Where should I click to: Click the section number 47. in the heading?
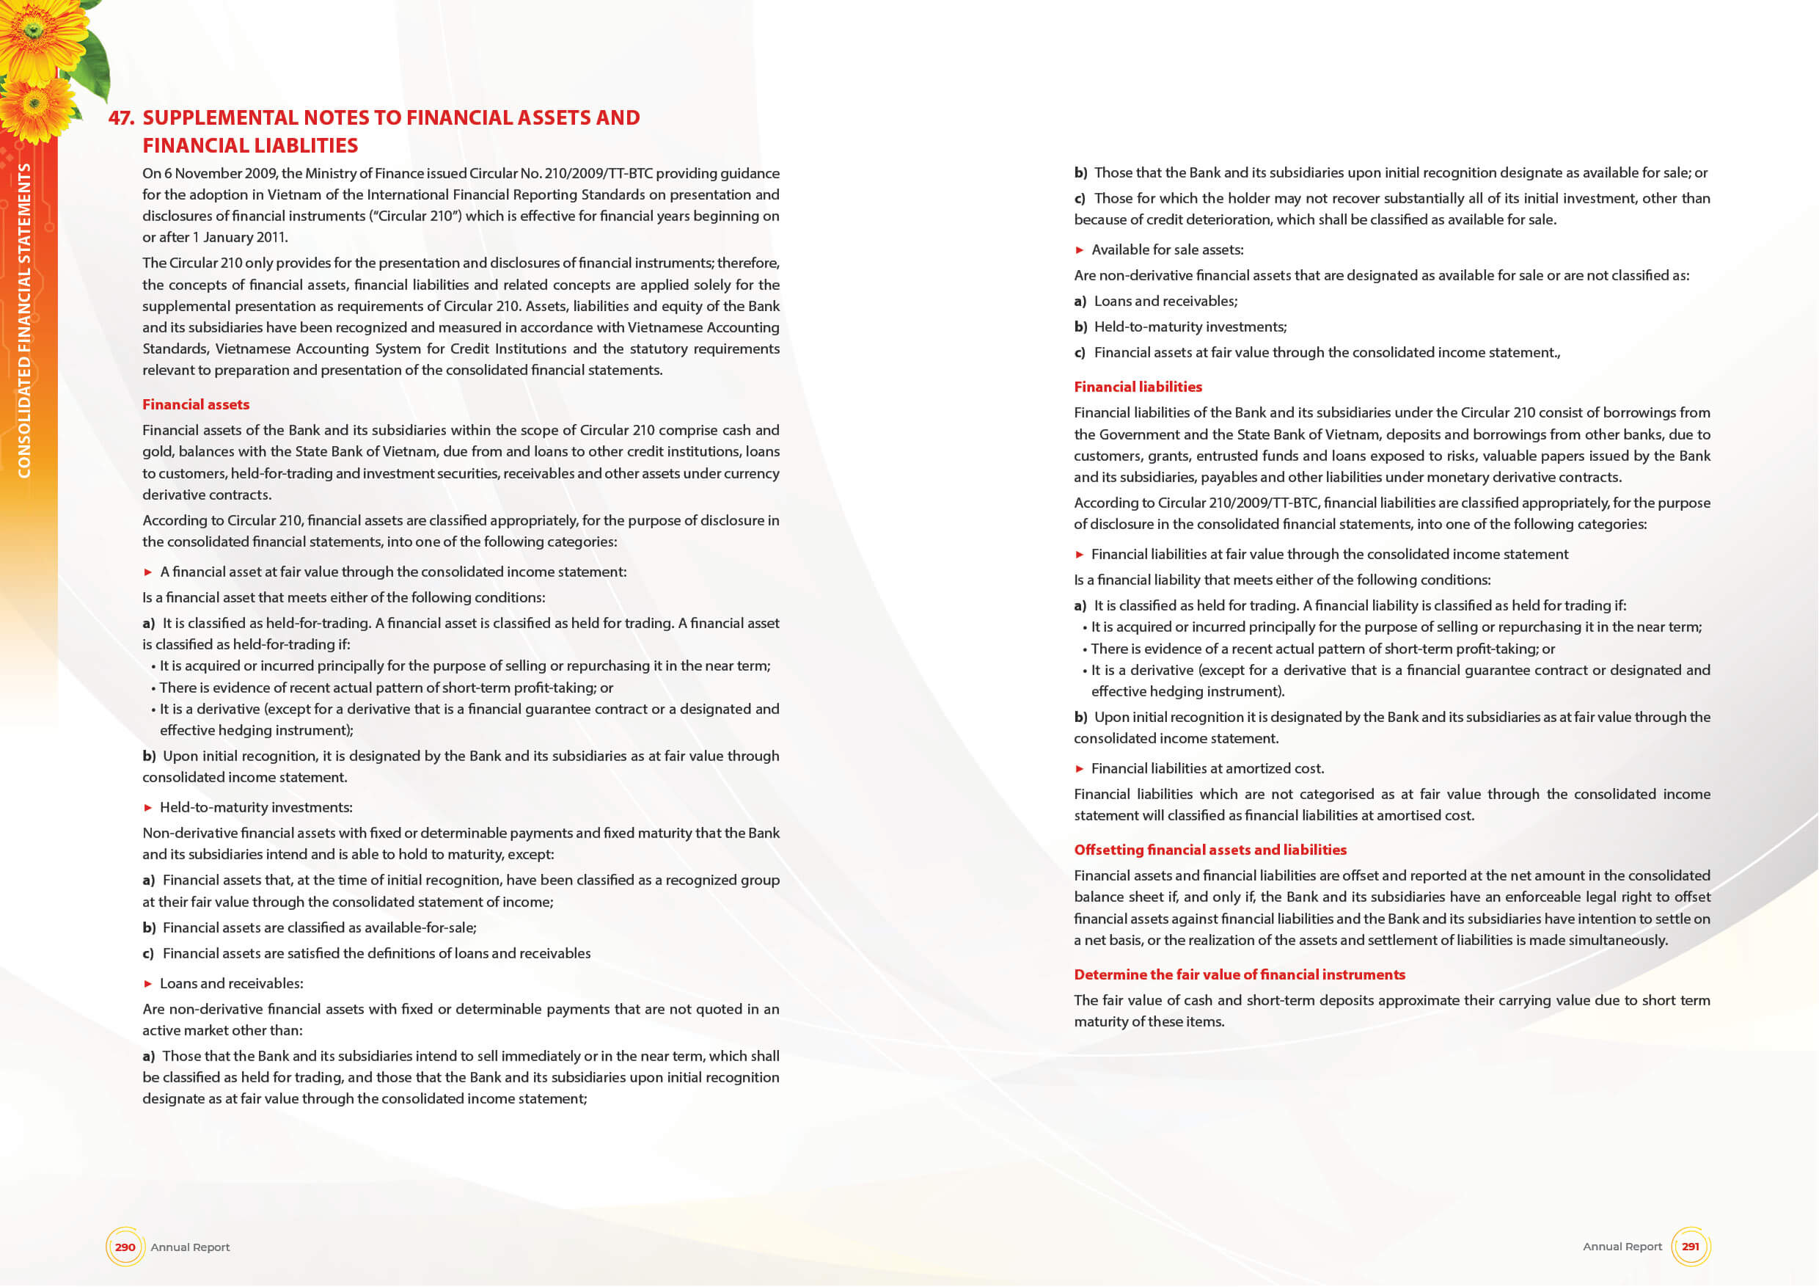tap(121, 118)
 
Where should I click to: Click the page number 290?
tap(125, 1247)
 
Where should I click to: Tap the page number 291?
tap(1690, 1246)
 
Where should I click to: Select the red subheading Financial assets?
tap(196, 404)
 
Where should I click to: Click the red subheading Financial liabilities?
tap(1138, 387)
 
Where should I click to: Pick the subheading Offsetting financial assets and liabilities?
tap(1209, 850)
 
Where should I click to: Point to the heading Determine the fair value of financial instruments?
tap(1239, 974)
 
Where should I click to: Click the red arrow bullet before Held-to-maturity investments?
tap(148, 808)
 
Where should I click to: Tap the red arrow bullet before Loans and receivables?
tap(148, 983)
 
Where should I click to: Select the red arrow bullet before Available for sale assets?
tap(1079, 249)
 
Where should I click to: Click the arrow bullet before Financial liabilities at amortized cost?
tap(1079, 769)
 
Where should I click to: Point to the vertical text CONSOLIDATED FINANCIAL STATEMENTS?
tap(24, 320)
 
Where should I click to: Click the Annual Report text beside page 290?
tap(190, 1247)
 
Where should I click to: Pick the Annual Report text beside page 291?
tap(1622, 1247)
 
